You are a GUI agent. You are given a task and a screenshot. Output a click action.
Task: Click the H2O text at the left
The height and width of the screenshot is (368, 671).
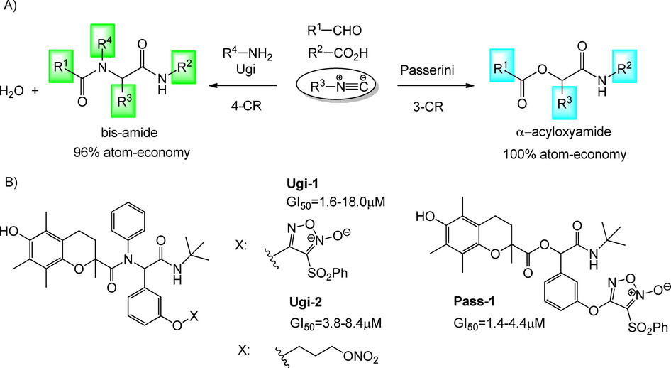13,92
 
